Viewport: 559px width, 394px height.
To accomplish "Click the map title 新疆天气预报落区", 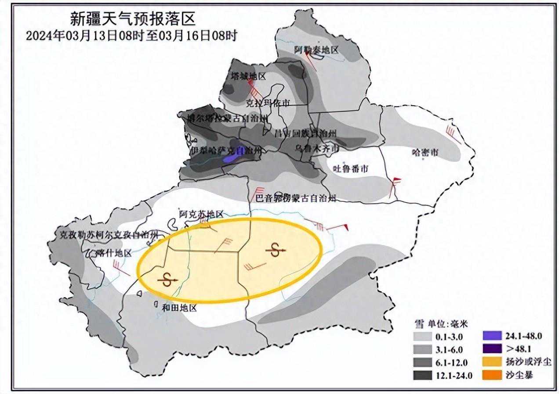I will tap(132, 19).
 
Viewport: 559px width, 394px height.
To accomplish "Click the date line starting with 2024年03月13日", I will tap(131, 36).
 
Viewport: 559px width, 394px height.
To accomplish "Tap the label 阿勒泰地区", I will tap(316, 50).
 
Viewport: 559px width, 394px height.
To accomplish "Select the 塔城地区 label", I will tap(249, 76).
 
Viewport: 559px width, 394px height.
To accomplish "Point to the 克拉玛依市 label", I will tap(268, 103).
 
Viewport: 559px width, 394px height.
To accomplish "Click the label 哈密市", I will tap(425, 153).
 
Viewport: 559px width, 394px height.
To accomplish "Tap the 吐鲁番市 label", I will tap(350, 168).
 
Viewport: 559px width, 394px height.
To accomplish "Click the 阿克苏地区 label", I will tap(201, 214).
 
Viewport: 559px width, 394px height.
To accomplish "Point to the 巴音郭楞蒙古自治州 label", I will tap(296, 198).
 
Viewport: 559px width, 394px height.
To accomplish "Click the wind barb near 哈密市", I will tap(453, 134).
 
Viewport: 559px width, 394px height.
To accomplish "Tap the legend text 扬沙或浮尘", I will tap(528, 362).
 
